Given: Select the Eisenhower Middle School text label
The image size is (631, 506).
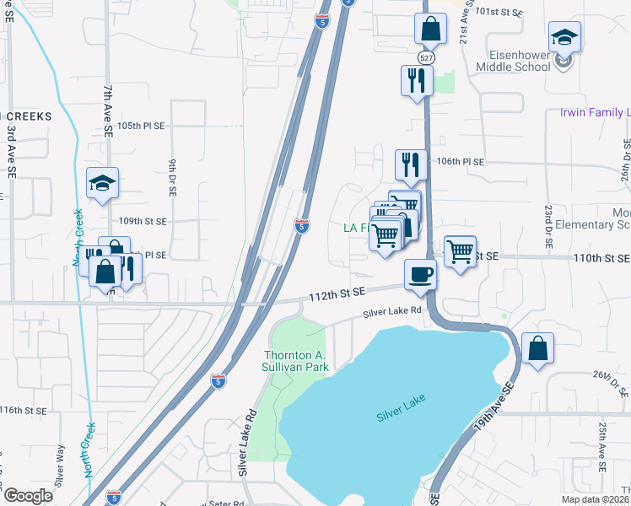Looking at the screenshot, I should click(x=514, y=60).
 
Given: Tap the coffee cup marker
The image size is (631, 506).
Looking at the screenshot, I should click(x=420, y=274).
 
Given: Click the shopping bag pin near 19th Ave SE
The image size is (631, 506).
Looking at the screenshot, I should click(x=537, y=347).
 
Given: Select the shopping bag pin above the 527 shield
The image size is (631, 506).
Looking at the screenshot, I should click(x=430, y=29).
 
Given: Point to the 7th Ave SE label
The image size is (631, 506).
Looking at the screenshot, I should click(x=108, y=110).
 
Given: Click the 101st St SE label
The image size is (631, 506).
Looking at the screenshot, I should click(x=499, y=13).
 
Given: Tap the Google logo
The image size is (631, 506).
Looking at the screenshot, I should click(x=28, y=496).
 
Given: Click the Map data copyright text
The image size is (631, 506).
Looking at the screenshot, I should click(x=595, y=499).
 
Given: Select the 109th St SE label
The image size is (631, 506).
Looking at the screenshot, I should click(x=143, y=221).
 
